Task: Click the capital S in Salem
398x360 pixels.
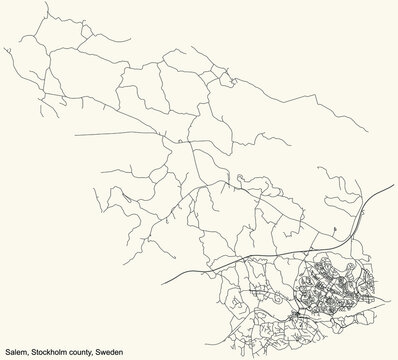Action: click(6, 352)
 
